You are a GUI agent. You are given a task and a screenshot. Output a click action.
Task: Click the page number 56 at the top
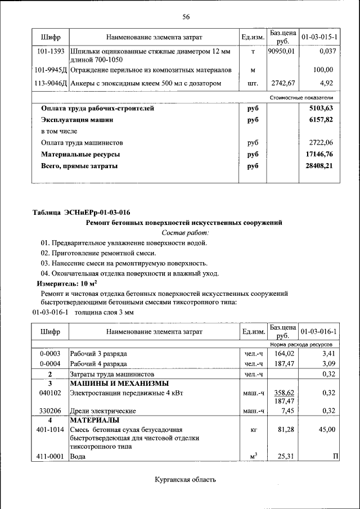[x=186, y=16]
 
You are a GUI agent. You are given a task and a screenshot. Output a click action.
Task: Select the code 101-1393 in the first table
[x=51, y=52]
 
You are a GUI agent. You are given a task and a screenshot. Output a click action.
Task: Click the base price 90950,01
[x=282, y=52]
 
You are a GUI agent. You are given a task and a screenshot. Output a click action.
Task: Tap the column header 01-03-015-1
[x=319, y=38]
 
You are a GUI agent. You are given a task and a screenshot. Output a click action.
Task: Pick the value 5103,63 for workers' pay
[x=321, y=109]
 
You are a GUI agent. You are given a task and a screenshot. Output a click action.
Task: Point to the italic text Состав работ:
[x=185, y=232]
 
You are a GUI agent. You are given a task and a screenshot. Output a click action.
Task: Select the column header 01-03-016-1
[x=319, y=332]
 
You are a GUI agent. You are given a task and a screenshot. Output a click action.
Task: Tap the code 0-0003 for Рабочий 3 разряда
[x=50, y=354]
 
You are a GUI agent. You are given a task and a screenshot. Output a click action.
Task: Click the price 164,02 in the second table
[x=284, y=354]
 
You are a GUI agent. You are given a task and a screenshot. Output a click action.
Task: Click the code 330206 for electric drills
[x=50, y=411]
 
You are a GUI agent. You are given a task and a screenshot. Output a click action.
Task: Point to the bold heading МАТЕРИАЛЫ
[x=95, y=420]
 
